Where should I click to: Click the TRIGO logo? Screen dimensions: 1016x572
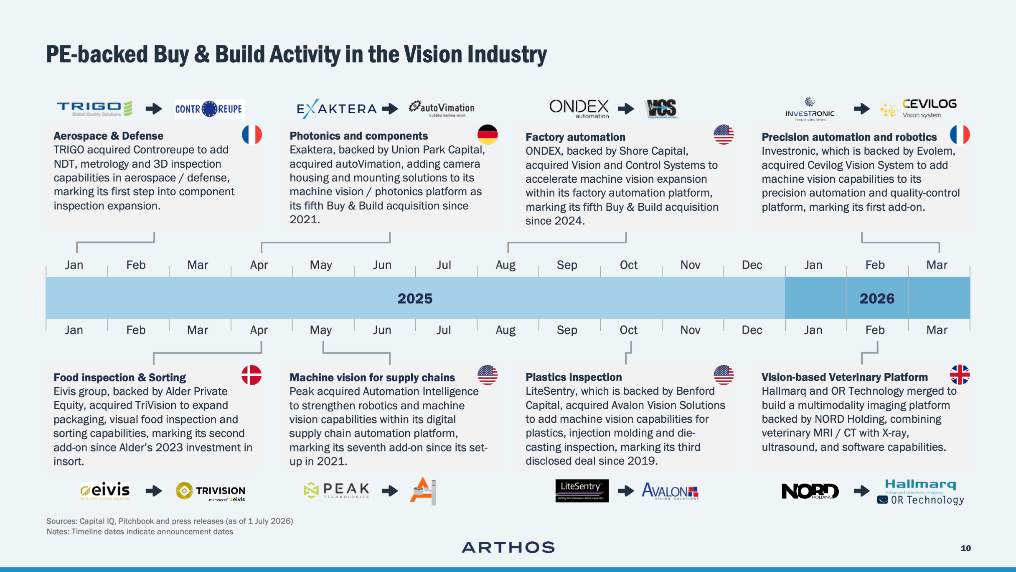pos(95,108)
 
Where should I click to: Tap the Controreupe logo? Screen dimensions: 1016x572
pos(209,109)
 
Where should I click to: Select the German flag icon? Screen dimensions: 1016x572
pos(488,135)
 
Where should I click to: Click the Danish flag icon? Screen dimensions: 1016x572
pos(251,375)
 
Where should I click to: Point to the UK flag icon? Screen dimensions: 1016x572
pos(960,375)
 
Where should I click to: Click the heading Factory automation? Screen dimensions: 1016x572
pos(575,137)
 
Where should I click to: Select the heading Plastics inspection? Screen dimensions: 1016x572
pos(574,377)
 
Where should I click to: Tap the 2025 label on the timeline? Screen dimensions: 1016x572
pos(415,299)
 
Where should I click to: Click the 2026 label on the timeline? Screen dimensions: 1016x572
pos(877,299)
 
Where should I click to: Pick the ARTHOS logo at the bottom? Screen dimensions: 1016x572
pos(508,547)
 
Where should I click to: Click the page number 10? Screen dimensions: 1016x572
pos(965,548)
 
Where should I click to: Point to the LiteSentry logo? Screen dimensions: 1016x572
pos(582,491)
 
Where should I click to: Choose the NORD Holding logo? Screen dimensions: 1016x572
pos(810,491)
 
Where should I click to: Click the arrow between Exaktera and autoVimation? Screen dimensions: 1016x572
pos(390,109)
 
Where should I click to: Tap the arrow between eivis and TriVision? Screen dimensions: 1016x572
pos(154,491)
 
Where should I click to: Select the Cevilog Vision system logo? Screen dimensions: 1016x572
pos(918,109)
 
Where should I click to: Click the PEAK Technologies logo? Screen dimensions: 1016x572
pos(336,490)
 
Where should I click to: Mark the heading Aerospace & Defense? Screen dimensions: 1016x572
pos(108,136)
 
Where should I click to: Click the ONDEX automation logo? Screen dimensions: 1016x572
pos(579,109)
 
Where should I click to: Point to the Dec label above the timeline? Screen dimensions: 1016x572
pos(752,265)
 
